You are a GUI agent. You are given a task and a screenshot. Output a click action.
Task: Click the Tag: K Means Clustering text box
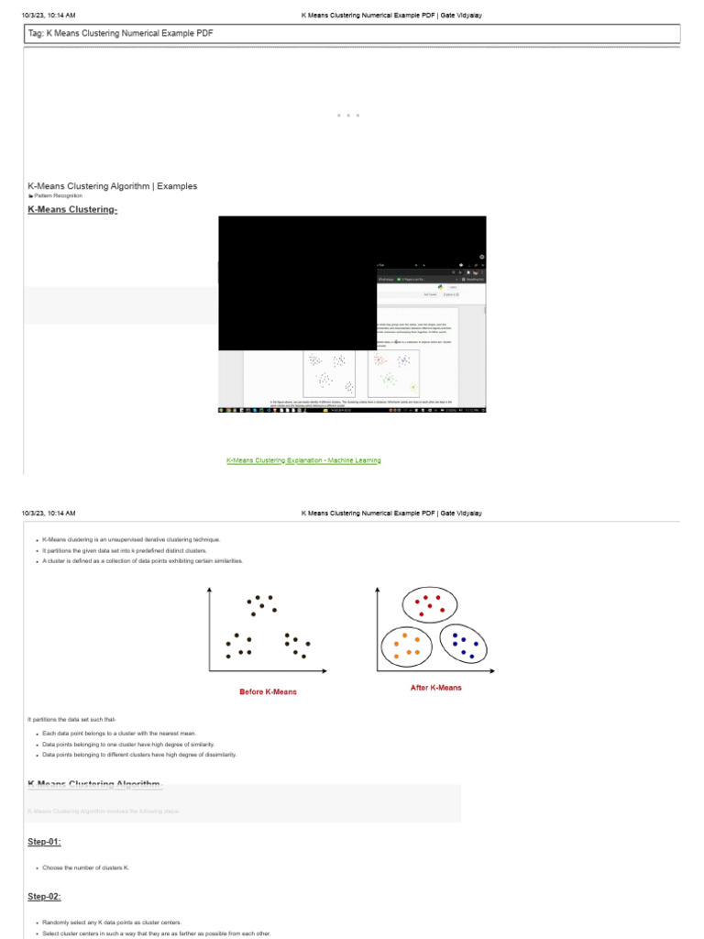[x=351, y=33]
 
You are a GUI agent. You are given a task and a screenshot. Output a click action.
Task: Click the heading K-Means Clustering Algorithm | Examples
[x=112, y=186]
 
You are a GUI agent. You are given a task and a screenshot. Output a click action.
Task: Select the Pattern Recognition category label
[x=58, y=196]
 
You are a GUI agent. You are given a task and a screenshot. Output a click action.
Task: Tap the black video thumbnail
[x=352, y=314]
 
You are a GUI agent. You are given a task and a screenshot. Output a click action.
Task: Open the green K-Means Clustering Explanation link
[x=303, y=460]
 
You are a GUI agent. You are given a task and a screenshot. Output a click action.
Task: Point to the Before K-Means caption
[x=268, y=691]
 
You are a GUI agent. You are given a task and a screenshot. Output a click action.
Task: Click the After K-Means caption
[x=435, y=688]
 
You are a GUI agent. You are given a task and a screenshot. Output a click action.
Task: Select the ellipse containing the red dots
[x=429, y=605]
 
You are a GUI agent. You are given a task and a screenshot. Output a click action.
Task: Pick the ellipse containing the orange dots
[x=407, y=646]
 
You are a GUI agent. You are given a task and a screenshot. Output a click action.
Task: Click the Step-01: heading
[x=44, y=842]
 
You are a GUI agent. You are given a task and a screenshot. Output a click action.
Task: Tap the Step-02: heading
[x=44, y=897]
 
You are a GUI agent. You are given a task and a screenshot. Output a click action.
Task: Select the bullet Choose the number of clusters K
[x=85, y=867]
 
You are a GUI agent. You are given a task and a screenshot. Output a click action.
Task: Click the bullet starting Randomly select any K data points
[x=112, y=922]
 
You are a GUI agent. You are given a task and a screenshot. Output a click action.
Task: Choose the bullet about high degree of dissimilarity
[x=139, y=755]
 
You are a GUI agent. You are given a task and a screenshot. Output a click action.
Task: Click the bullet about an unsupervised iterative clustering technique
[x=131, y=540]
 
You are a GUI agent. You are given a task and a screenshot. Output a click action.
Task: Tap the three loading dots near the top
[x=347, y=116]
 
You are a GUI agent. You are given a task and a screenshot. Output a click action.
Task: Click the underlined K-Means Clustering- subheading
[x=72, y=210]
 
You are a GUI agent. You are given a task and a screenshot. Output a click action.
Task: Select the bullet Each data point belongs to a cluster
[x=119, y=734]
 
